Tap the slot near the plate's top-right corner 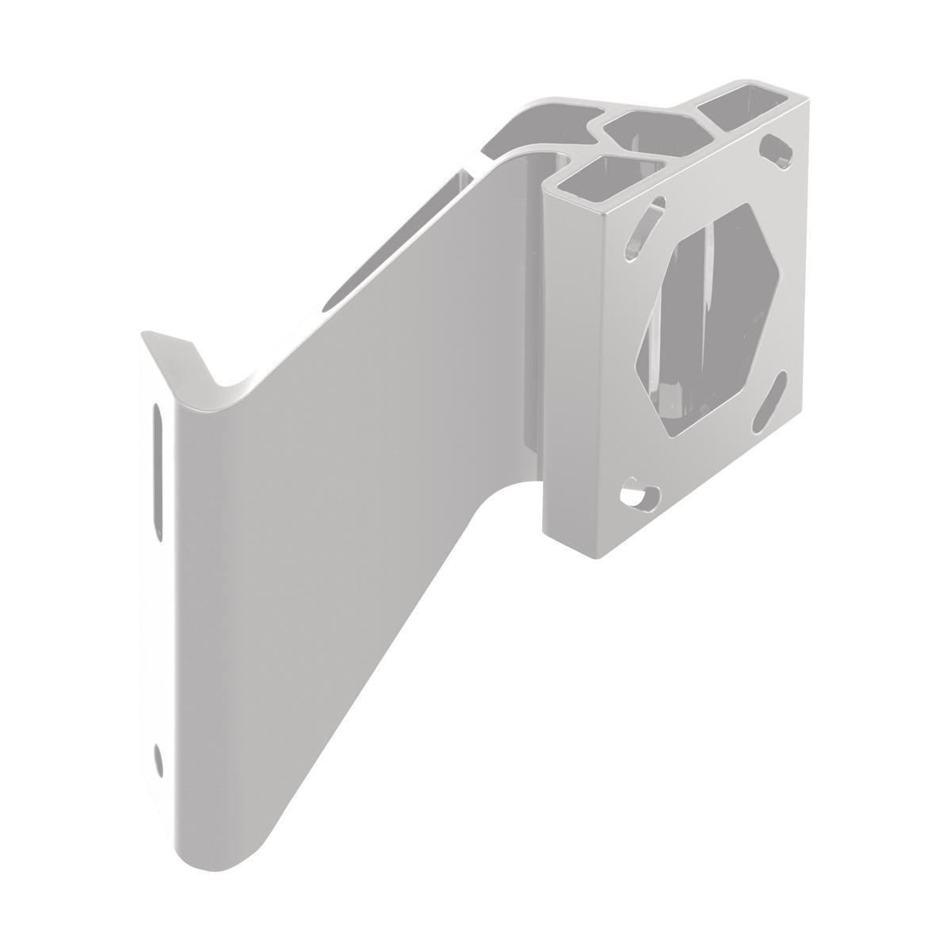[x=780, y=151]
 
